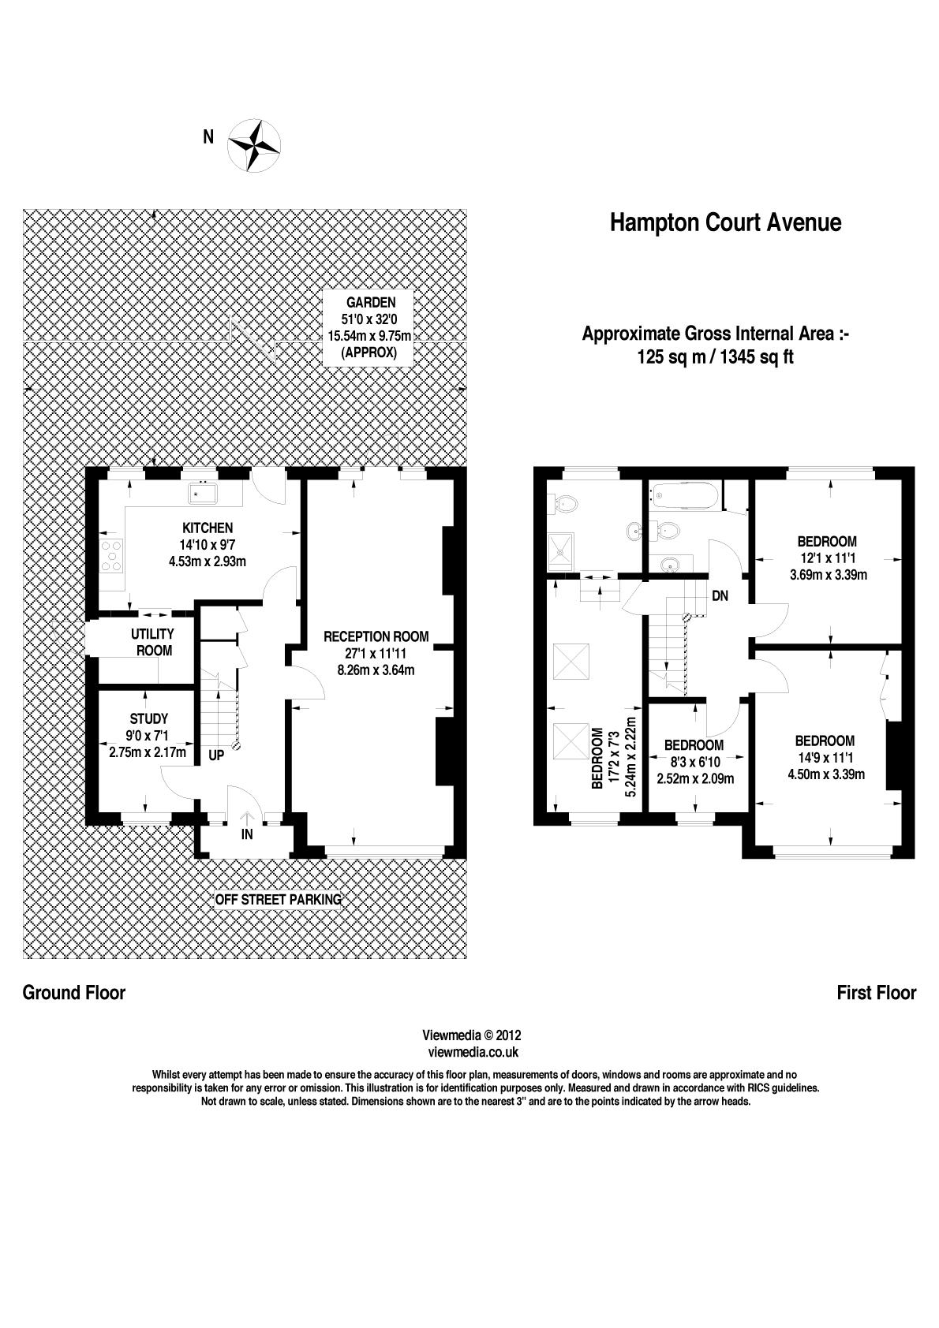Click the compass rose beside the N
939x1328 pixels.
coord(254,144)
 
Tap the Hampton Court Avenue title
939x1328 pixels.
coord(725,223)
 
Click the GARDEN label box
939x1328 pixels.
coord(369,327)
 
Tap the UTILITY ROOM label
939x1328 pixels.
coord(153,642)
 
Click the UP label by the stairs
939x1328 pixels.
coord(215,755)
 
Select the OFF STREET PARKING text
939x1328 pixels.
coord(279,899)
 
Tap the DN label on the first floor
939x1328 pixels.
coord(720,596)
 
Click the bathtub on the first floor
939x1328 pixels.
coord(683,497)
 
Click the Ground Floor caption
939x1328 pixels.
coord(74,992)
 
